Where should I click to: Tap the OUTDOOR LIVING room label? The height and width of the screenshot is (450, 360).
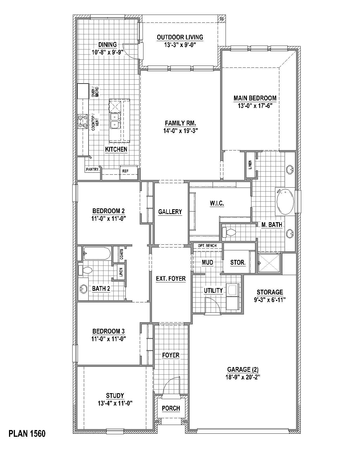(180, 37)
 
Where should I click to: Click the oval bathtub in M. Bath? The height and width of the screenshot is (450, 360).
(285, 202)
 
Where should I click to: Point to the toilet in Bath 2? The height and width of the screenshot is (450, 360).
(85, 270)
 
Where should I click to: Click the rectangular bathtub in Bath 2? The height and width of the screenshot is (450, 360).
(97, 253)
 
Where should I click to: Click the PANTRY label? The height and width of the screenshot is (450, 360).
(92, 169)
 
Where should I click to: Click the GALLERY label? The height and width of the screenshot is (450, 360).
(170, 212)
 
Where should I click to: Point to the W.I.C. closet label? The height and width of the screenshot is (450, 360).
(217, 203)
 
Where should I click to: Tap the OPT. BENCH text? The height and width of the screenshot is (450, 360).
(207, 246)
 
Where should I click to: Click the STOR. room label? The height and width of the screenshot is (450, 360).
(238, 263)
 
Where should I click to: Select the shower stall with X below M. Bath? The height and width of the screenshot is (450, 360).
(269, 263)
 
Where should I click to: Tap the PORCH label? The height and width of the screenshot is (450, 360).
(171, 408)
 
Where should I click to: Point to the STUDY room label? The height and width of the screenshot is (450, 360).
(115, 396)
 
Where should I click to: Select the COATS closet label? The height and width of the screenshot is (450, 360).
(121, 254)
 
